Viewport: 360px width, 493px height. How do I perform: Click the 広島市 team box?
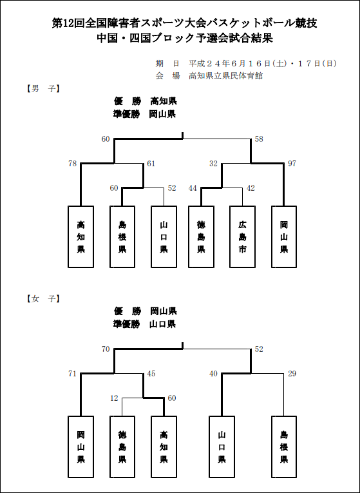(x=242, y=237)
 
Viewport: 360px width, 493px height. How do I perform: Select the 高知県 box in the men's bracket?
(x=81, y=237)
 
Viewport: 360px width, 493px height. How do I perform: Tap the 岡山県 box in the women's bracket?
(x=81, y=447)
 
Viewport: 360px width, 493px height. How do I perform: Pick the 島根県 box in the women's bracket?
(x=284, y=447)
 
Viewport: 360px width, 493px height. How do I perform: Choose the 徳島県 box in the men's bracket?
(x=201, y=237)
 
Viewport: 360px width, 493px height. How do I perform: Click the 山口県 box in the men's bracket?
(x=164, y=237)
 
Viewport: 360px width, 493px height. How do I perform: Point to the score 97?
(x=292, y=164)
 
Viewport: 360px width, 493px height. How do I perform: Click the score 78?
(x=73, y=164)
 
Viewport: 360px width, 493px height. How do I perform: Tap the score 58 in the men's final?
(x=259, y=139)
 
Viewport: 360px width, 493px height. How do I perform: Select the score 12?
(x=114, y=398)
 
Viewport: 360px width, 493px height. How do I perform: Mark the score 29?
(x=292, y=374)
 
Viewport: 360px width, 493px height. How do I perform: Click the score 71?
(x=73, y=374)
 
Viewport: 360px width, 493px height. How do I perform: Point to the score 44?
(x=193, y=188)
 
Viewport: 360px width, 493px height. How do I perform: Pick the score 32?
(x=213, y=164)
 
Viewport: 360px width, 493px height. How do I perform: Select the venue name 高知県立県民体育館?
(x=226, y=76)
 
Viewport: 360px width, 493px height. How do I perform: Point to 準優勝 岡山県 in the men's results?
(x=144, y=114)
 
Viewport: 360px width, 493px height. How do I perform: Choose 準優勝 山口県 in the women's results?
(x=144, y=324)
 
